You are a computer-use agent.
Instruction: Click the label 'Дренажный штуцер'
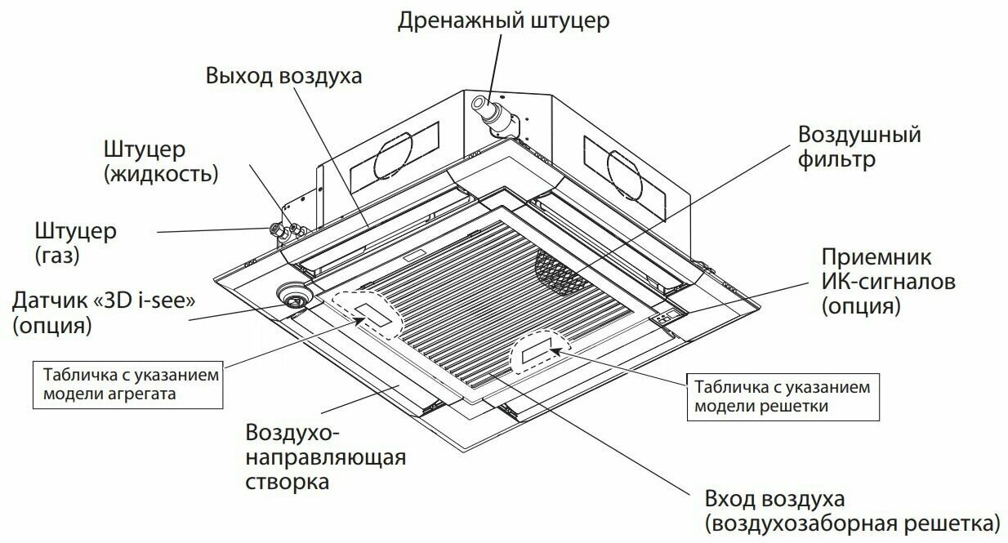503,20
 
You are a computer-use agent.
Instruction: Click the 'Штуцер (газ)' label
76,243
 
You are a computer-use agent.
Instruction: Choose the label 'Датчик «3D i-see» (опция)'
102,312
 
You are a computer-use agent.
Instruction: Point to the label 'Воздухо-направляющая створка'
325,456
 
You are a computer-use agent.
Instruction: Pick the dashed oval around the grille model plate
539,354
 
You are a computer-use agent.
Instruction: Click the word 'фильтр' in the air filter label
836,158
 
